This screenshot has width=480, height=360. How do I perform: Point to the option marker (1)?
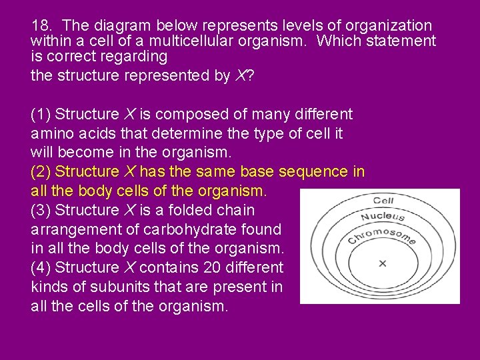(x=41, y=115)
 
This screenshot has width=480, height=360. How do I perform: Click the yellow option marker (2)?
(x=41, y=172)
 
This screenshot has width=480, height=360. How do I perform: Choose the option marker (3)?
(x=41, y=210)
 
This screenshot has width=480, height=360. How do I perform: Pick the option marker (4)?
(x=41, y=268)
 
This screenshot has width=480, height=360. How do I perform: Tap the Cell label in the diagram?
(x=383, y=200)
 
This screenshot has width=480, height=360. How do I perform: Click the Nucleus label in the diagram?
(x=383, y=216)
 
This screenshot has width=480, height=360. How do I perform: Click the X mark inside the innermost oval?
(x=382, y=264)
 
